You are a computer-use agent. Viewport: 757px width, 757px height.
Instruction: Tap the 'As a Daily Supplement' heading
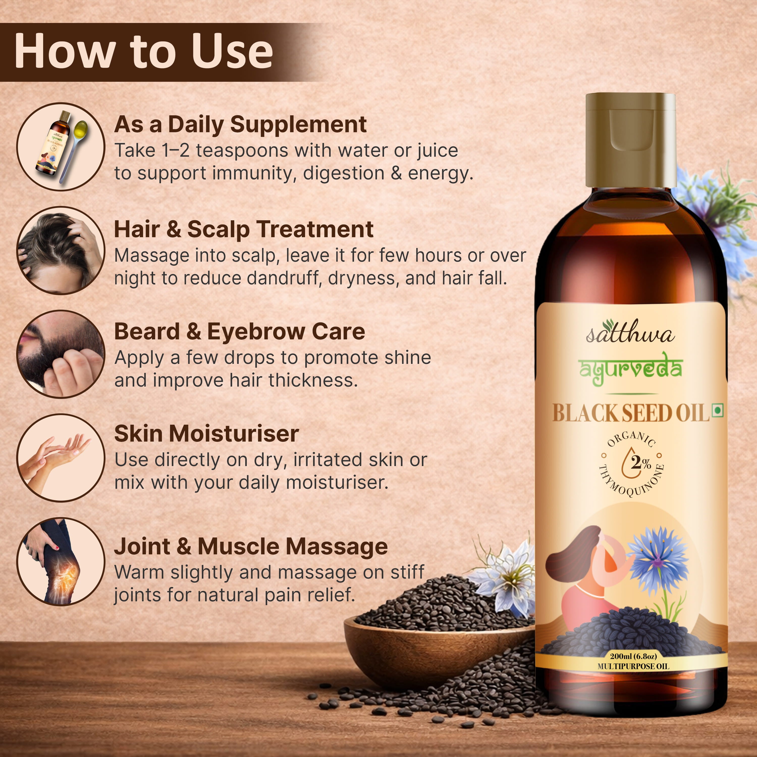240,125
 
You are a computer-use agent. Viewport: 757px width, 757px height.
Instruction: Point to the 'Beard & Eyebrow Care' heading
239,332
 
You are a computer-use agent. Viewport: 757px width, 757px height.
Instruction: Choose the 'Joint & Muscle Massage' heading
251,546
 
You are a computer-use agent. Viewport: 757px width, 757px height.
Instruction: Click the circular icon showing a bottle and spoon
61,147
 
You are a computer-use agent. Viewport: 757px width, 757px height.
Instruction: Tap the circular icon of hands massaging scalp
61,251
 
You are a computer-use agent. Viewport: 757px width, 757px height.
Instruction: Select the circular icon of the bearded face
61,354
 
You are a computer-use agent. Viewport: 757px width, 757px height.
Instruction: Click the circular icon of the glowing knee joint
61,561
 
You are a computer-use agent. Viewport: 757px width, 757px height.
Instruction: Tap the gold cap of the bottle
631,140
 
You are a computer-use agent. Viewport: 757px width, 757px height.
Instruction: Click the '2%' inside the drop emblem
640,463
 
